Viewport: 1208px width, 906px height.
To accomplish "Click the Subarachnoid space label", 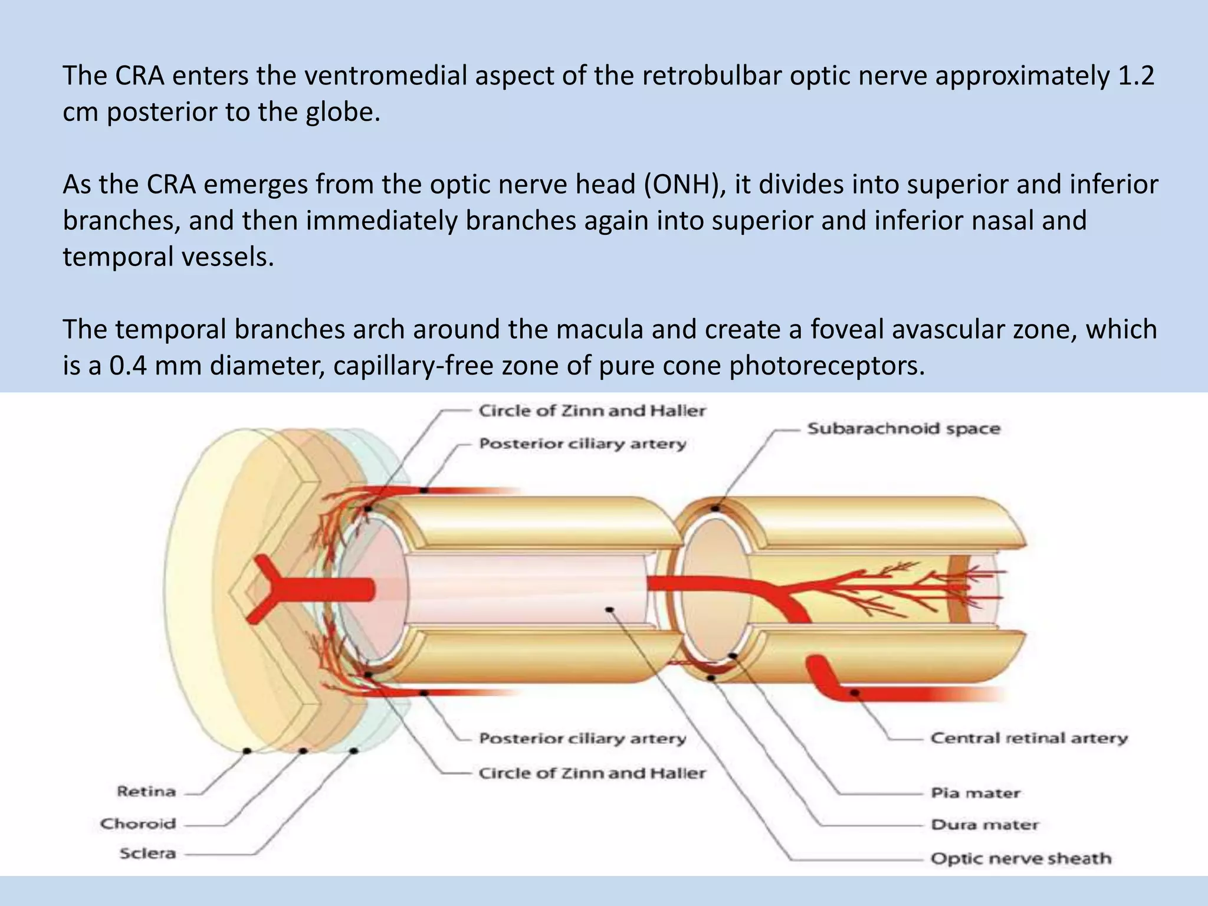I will click(903, 429).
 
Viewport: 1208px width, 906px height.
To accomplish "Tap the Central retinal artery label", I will click(1029, 738).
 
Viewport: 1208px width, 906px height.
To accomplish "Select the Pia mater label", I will click(975, 793).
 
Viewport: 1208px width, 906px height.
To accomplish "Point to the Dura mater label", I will click(984, 825).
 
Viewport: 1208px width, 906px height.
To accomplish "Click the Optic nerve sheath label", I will click(1020, 858).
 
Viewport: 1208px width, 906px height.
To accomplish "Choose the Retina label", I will click(146, 791).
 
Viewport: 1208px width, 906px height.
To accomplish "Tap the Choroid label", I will click(138, 823).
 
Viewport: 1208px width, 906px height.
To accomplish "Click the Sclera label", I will click(147, 854).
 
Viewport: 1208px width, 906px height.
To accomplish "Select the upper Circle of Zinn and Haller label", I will click(592, 411).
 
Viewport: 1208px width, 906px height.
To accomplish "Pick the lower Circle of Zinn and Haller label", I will click(592, 773).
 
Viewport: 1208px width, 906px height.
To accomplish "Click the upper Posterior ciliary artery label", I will click(582, 444).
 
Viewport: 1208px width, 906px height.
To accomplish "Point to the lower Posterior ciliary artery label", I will click(582, 738).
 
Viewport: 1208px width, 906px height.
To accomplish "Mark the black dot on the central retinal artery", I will click(854, 693).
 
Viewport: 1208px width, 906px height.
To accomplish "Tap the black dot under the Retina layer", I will click(248, 751).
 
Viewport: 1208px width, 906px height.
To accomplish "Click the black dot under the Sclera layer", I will click(354, 751).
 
